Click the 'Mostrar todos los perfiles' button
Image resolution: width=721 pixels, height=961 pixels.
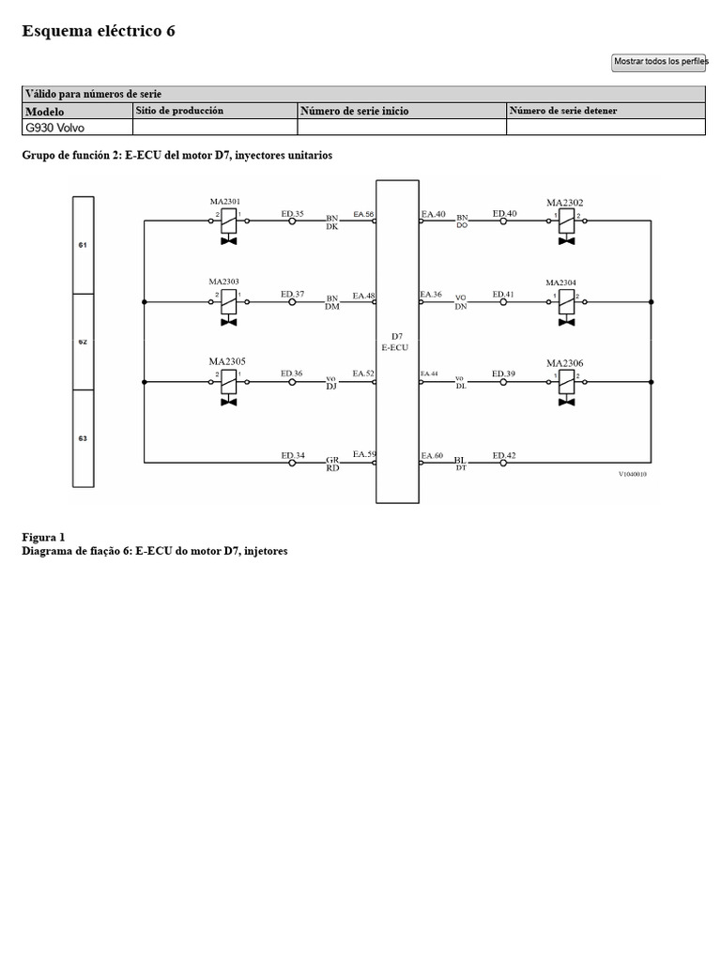(x=659, y=62)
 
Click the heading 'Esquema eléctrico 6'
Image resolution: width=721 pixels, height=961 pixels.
(x=99, y=31)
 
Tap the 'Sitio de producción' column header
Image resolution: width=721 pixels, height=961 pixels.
(x=179, y=111)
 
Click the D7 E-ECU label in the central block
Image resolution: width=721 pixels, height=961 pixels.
(x=396, y=341)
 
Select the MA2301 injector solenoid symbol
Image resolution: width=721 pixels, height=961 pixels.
(x=226, y=221)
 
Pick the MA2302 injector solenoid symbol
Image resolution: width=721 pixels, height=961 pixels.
(x=566, y=221)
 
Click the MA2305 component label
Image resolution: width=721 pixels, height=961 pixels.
(x=227, y=361)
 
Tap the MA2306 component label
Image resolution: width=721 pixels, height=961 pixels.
(x=565, y=363)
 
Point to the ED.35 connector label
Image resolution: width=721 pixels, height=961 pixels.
(x=292, y=214)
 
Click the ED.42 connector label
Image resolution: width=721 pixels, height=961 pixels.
(x=504, y=455)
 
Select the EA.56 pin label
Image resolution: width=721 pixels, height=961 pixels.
(x=363, y=215)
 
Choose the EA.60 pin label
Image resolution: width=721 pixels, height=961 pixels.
(x=432, y=456)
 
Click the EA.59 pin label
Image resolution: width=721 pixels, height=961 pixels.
(x=364, y=454)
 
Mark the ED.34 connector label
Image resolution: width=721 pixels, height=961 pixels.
(x=292, y=455)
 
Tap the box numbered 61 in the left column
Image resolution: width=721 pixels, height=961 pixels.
(x=83, y=245)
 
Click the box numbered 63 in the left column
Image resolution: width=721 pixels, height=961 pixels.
(x=83, y=438)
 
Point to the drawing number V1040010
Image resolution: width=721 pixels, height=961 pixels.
(x=632, y=475)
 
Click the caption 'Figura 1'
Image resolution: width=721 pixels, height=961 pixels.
(x=43, y=538)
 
